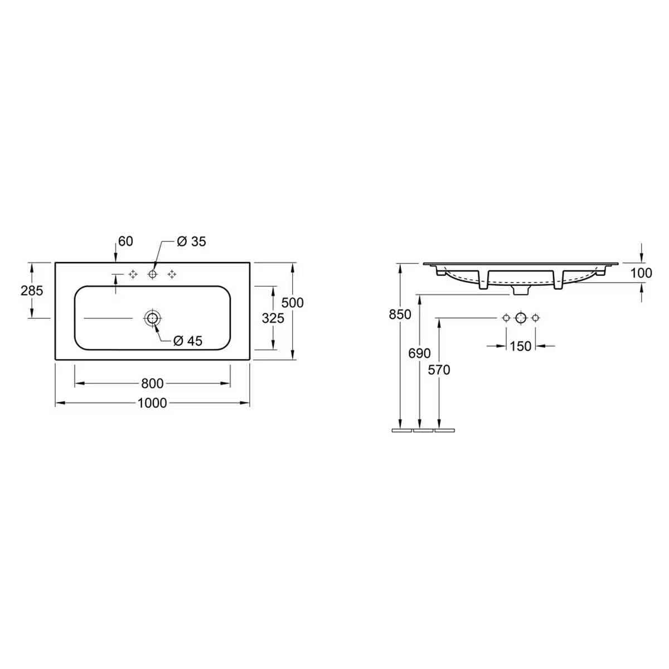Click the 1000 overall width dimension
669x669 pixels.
(x=152, y=403)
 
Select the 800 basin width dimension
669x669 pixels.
(x=152, y=383)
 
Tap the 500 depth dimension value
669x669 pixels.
(x=292, y=303)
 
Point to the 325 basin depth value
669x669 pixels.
(x=273, y=318)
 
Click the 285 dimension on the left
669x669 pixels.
(x=32, y=290)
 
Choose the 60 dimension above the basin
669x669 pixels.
(x=125, y=241)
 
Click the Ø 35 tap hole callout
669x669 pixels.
(x=191, y=241)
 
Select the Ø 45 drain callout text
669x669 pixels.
(x=187, y=341)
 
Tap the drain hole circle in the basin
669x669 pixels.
(x=152, y=318)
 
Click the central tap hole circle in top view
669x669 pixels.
(x=152, y=274)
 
